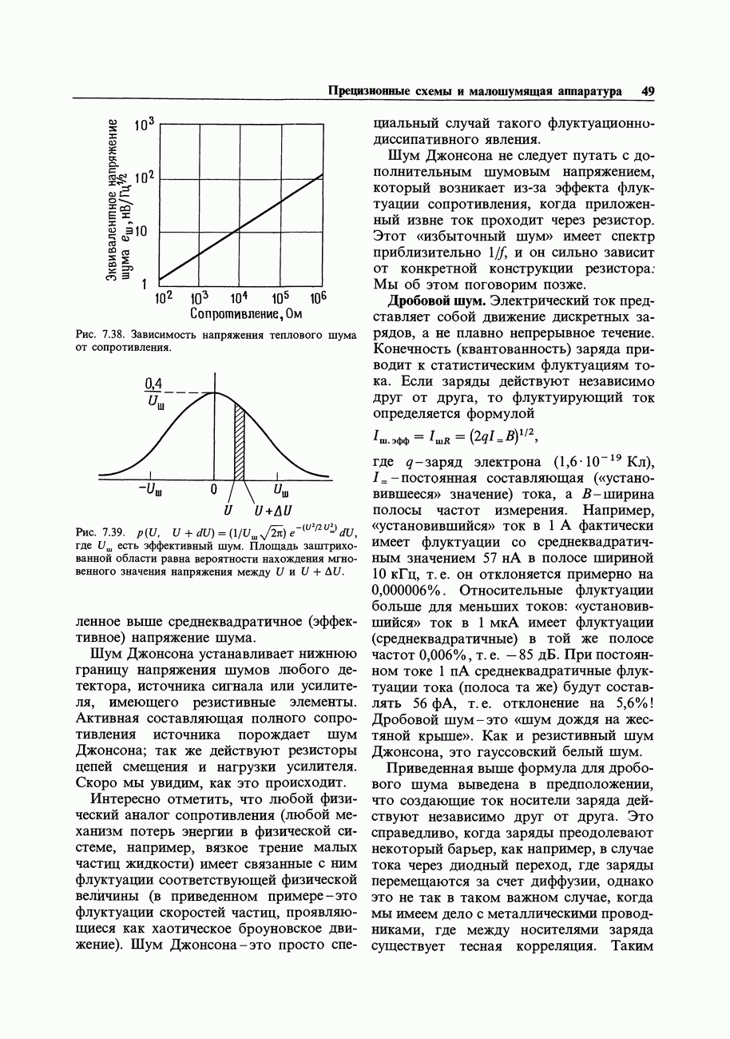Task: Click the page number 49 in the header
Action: tap(647, 91)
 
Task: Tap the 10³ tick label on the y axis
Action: tap(144, 125)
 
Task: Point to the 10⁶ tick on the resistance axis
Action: tap(319, 297)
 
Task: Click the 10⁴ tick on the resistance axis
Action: tap(241, 297)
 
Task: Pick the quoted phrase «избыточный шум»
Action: tap(465, 237)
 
